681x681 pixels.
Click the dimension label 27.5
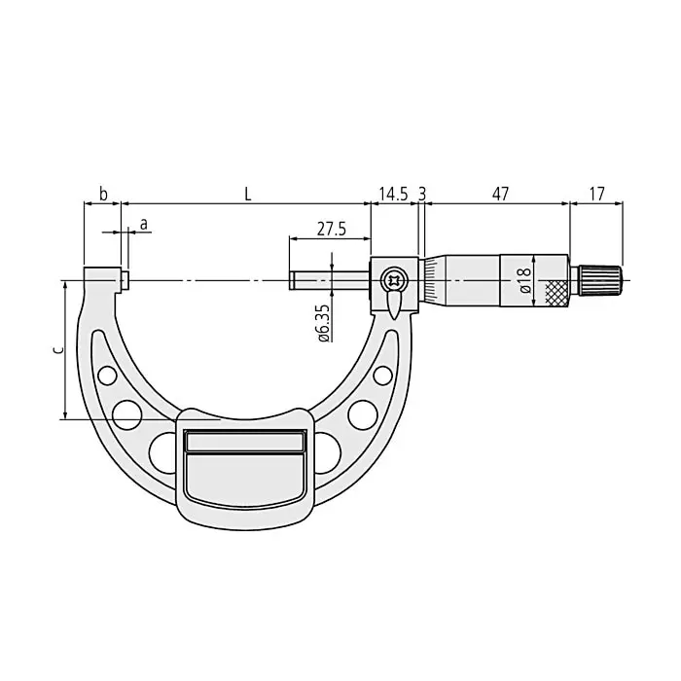tap(332, 229)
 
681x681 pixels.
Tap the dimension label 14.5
tap(394, 194)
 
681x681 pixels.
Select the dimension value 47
tap(499, 194)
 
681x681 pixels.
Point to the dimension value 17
tap(596, 194)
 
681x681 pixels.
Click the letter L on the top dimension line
tap(248, 194)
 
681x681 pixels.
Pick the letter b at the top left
tap(103, 194)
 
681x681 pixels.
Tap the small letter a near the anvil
tap(144, 224)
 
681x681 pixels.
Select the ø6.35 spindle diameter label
tap(322, 321)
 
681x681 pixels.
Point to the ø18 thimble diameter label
tap(524, 281)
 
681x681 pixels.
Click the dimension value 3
tap(421, 194)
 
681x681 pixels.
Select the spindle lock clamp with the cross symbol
tap(394, 281)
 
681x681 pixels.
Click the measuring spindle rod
tap(330, 280)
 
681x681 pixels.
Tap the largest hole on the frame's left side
tap(162, 449)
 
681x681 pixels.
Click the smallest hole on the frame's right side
tap(383, 375)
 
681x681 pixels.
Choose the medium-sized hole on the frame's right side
tap(363, 413)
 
